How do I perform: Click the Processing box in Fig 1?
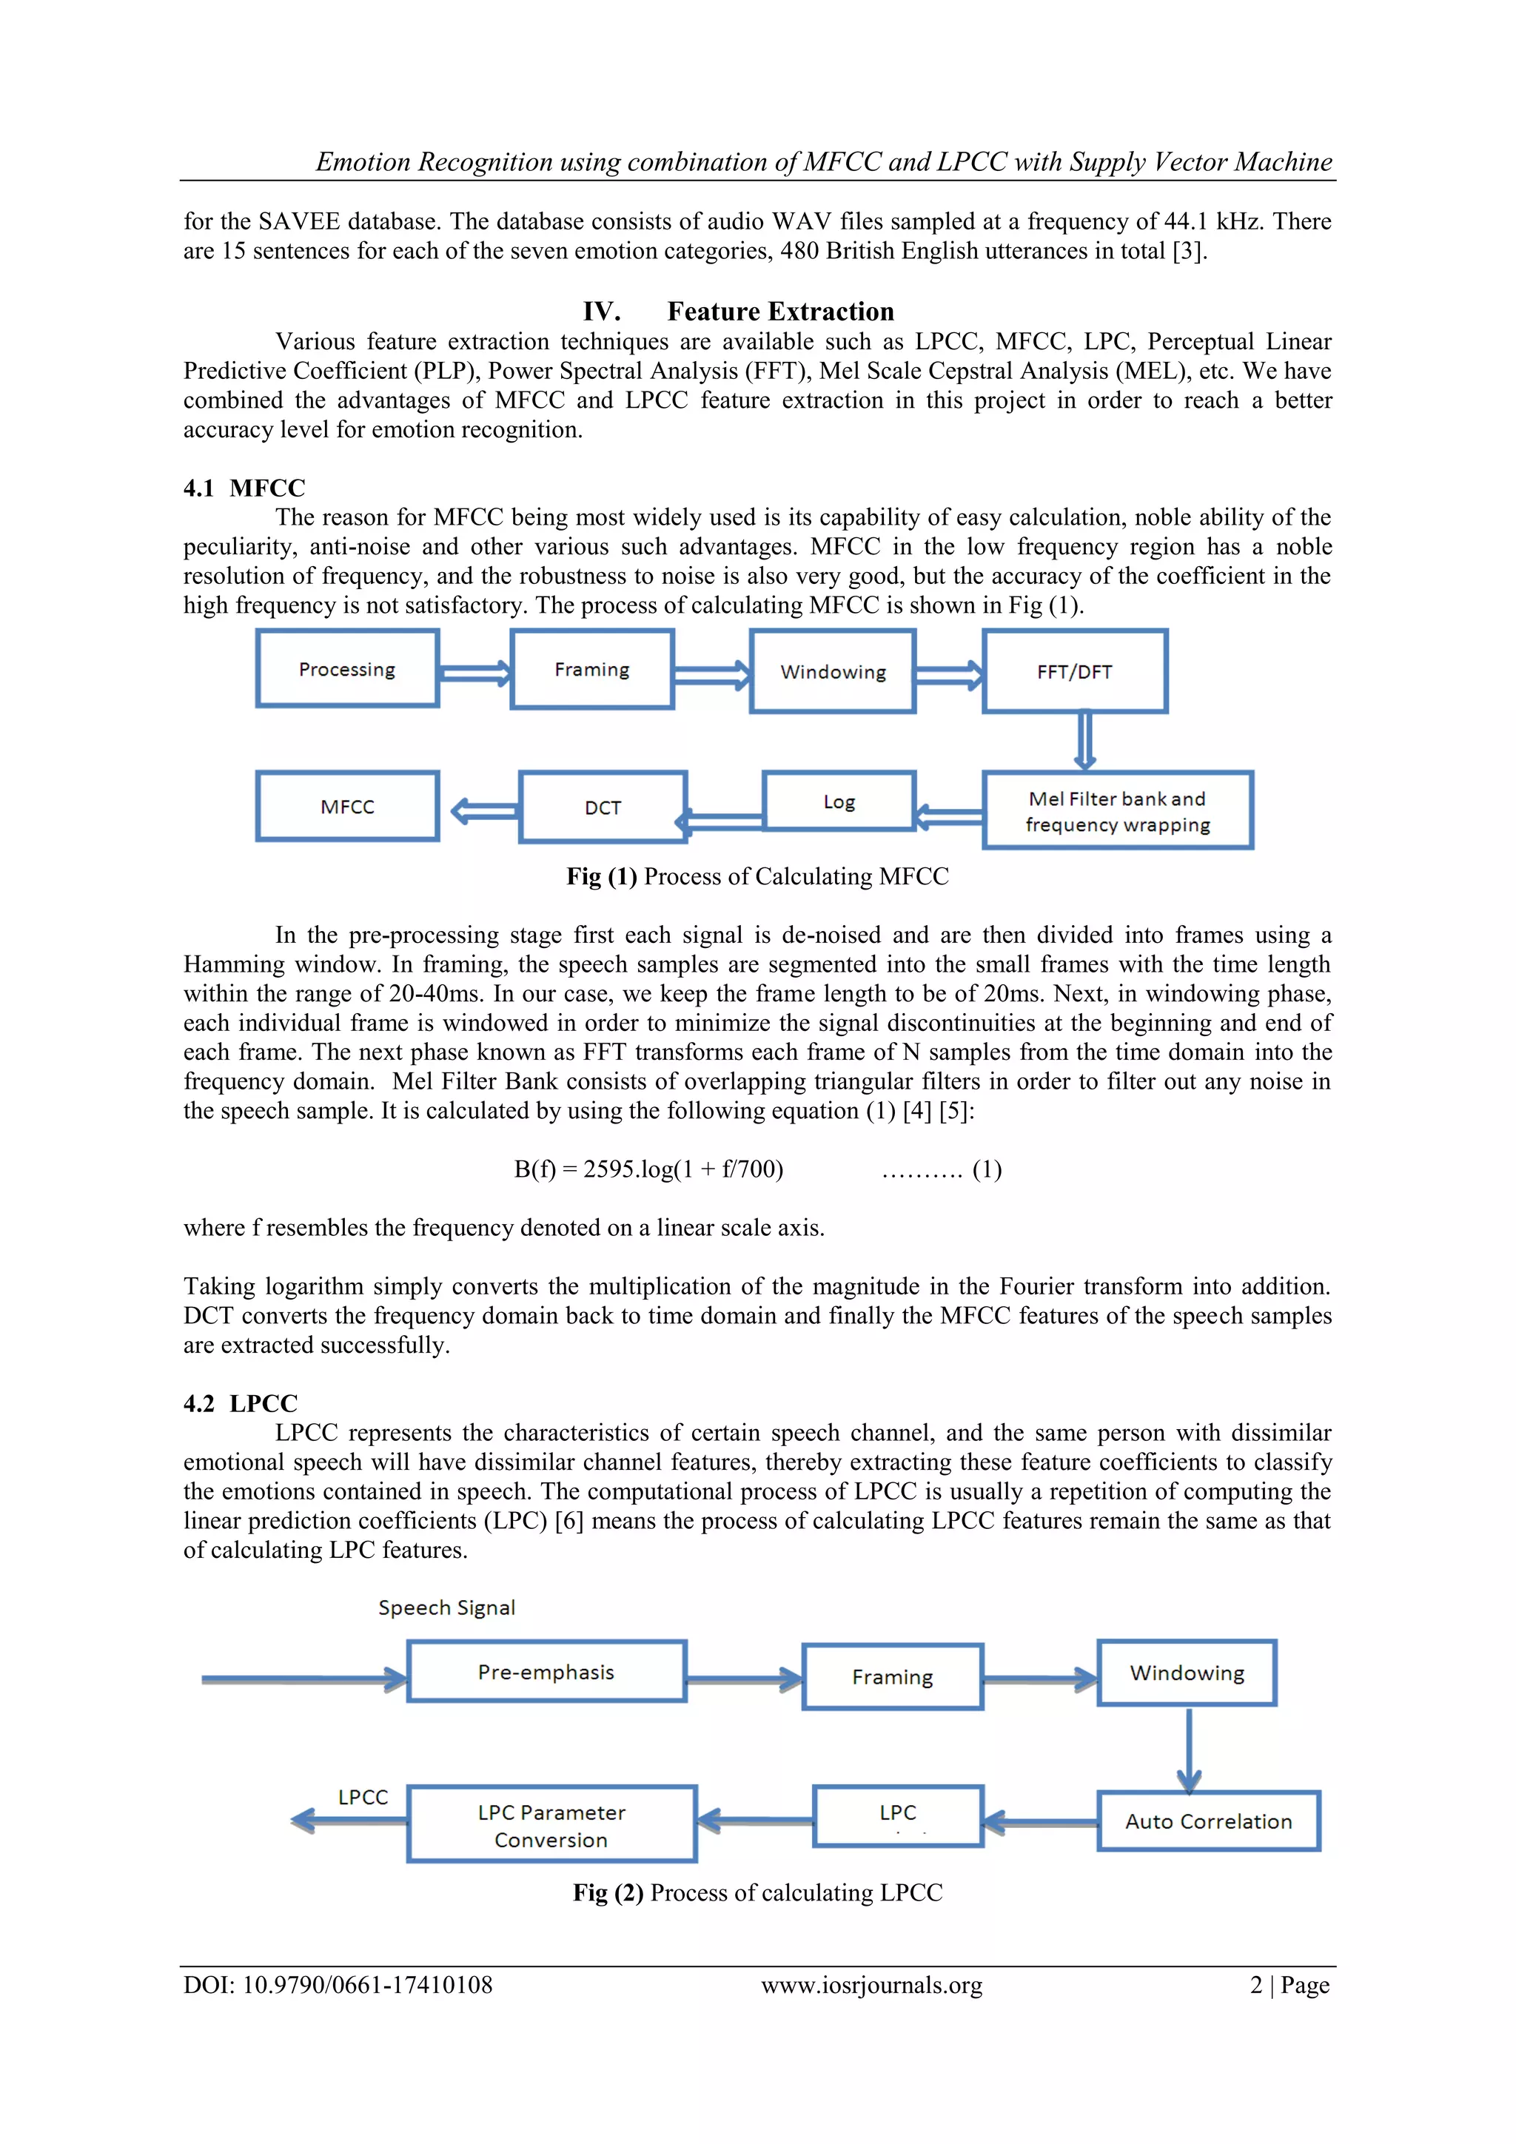pyautogui.click(x=347, y=668)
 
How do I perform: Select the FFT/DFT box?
pyautogui.click(x=1074, y=671)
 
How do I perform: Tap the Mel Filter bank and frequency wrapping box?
pyautogui.click(x=1117, y=810)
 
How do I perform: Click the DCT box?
pyautogui.click(x=603, y=807)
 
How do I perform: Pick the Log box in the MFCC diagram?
pyautogui.click(x=839, y=802)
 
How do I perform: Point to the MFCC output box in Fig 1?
pyautogui.click(x=347, y=807)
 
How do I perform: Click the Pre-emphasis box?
pyautogui.click(x=546, y=1672)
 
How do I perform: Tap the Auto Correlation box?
pyautogui.click(x=1208, y=1821)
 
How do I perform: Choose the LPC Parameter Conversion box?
pyautogui.click(x=551, y=1824)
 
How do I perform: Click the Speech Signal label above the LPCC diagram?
pyautogui.click(x=446, y=1607)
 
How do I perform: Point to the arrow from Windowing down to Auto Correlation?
pyautogui.click(x=1188, y=1748)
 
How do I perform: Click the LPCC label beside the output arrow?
pyautogui.click(x=363, y=1797)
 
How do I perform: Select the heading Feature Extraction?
pyautogui.click(x=780, y=311)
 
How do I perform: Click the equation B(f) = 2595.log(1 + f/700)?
pyautogui.click(x=648, y=1169)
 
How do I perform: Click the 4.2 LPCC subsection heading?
pyautogui.click(x=240, y=1403)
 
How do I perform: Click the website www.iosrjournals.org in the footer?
pyautogui.click(x=871, y=1984)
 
